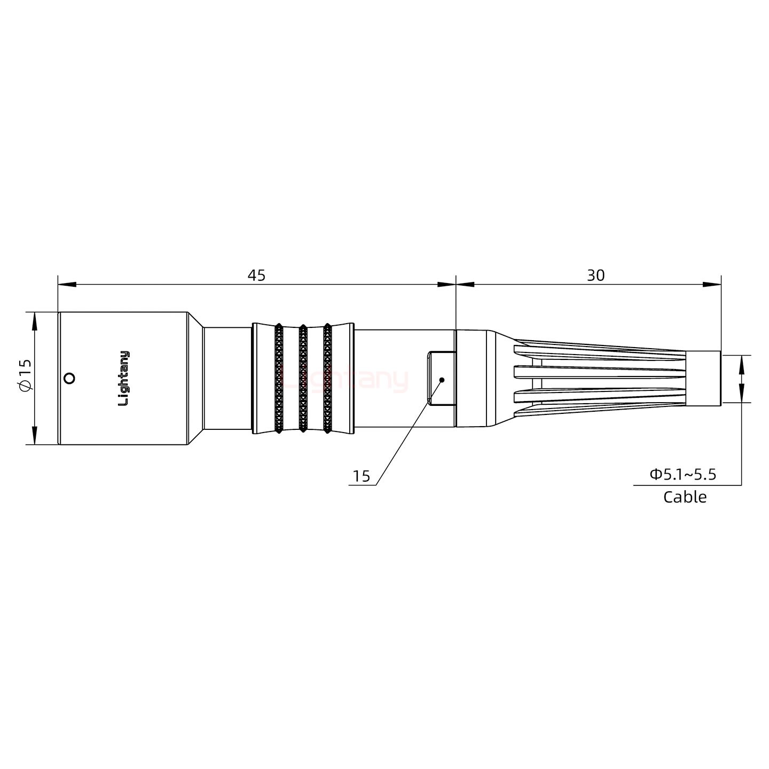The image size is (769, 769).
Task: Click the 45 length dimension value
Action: click(256, 276)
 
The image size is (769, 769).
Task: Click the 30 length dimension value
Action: click(595, 276)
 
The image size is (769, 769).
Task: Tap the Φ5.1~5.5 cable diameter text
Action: click(682, 474)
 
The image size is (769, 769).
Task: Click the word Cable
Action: click(685, 497)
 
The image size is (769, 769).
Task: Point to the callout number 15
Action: click(362, 476)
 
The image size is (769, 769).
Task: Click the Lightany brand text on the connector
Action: click(123, 378)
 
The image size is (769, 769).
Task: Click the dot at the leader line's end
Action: click(442, 380)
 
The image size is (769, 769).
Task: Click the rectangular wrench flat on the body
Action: click(441, 378)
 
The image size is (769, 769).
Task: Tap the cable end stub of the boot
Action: click(703, 379)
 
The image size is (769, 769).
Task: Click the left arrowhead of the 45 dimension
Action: click(66, 285)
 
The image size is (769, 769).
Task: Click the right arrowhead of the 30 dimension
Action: click(712, 285)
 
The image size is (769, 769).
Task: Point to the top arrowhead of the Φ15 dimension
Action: click(35, 320)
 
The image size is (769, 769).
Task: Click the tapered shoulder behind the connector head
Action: click(195, 378)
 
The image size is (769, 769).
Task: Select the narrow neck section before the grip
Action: click(227, 378)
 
